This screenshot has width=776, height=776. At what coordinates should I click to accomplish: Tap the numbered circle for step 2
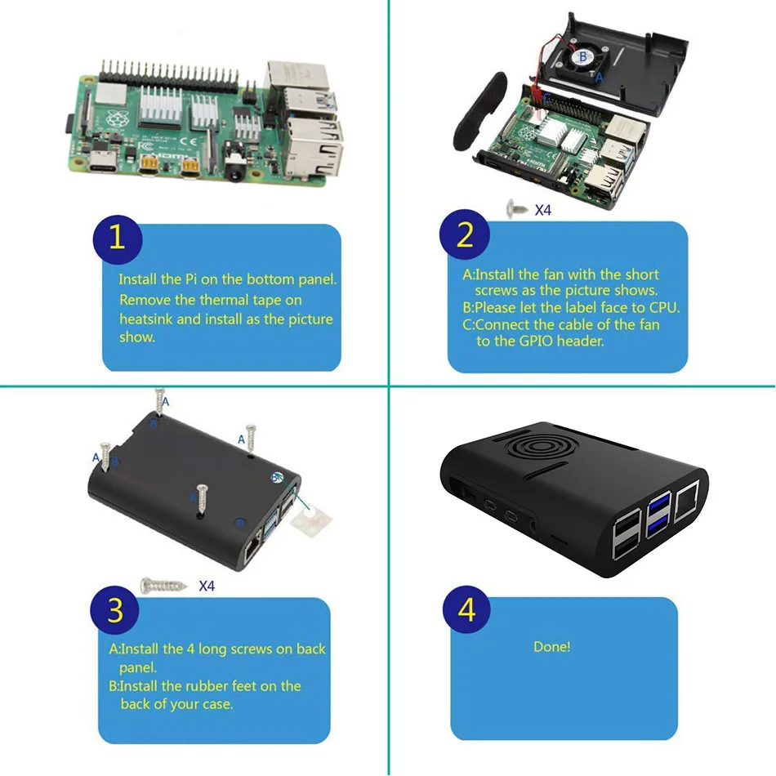(x=465, y=235)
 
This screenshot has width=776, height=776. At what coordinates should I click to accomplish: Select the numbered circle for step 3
(x=115, y=610)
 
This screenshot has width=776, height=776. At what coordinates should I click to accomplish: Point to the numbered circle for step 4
(x=466, y=610)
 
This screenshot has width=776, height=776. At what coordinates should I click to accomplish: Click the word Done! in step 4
(x=551, y=647)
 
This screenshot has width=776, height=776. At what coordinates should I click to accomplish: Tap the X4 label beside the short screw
(x=543, y=210)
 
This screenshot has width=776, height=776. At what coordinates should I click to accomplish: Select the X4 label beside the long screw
(x=207, y=586)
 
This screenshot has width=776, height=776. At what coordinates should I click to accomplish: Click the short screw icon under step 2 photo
(x=517, y=209)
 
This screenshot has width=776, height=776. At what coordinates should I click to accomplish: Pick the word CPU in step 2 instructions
(x=665, y=308)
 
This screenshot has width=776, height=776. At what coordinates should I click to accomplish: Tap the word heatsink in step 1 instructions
(x=146, y=319)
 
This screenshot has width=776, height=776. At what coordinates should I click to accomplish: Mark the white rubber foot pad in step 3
(x=313, y=516)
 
